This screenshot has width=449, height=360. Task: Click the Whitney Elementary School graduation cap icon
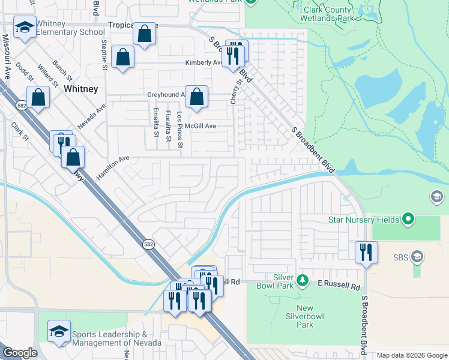tap(25, 28)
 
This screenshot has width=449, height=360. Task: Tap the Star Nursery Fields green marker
tap(409, 220)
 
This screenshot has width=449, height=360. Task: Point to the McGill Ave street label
tap(200, 126)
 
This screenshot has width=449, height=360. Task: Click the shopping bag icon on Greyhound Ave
tap(197, 96)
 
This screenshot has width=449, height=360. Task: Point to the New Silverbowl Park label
tap(305, 316)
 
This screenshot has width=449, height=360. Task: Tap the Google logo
tap(20, 353)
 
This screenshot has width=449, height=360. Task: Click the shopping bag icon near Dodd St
tap(37, 98)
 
